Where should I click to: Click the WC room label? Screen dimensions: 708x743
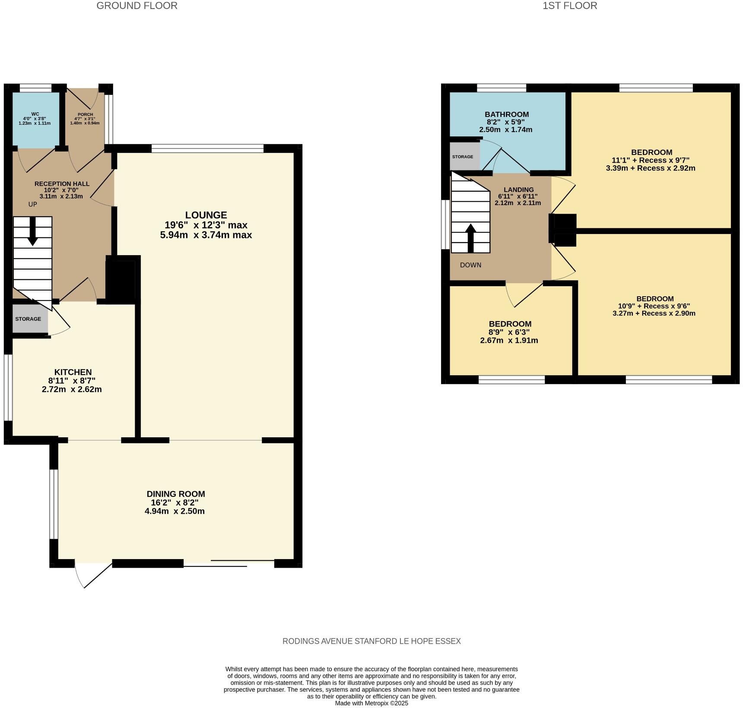pyautogui.click(x=35, y=114)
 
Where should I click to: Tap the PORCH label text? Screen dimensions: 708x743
pyautogui.click(x=85, y=114)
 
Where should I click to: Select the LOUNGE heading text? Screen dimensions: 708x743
pyautogui.click(x=206, y=215)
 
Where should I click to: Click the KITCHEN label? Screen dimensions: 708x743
pyautogui.click(x=73, y=372)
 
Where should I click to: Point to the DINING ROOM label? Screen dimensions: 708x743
pyautogui.click(x=175, y=494)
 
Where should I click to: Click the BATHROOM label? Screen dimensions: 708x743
pyautogui.click(x=507, y=114)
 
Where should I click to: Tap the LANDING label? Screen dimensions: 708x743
pyautogui.click(x=518, y=190)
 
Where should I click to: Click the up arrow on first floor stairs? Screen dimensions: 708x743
pyautogui.click(x=471, y=237)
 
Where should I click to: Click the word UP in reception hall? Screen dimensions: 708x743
pyautogui.click(x=33, y=204)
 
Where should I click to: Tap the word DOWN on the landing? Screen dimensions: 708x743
pyautogui.click(x=470, y=265)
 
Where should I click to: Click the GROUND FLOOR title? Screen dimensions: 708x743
pyautogui.click(x=137, y=6)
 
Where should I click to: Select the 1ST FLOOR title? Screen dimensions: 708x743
pyautogui.click(x=570, y=6)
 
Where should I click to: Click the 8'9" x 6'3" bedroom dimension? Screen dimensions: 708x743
pyautogui.click(x=509, y=332)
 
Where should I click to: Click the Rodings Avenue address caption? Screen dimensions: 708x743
pyautogui.click(x=371, y=641)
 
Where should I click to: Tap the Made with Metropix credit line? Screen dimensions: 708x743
pyautogui.click(x=371, y=703)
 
